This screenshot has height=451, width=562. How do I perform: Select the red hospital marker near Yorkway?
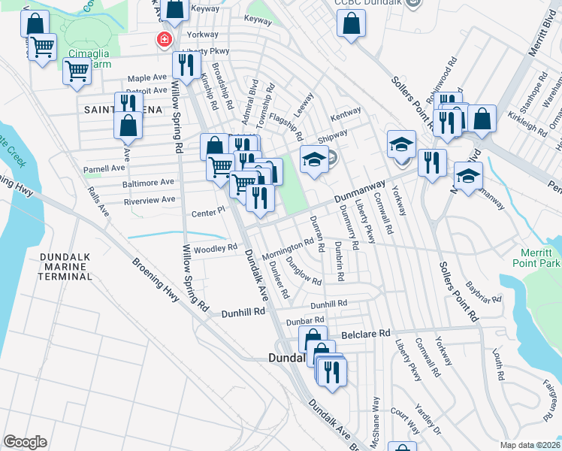(162, 39)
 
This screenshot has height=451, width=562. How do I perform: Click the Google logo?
(25, 442)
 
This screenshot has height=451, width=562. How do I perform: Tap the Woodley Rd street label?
(216, 247)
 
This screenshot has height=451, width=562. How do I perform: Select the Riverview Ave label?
(153, 200)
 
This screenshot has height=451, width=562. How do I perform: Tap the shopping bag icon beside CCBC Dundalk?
(352, 23)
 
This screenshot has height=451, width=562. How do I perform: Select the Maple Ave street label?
(147, 77)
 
